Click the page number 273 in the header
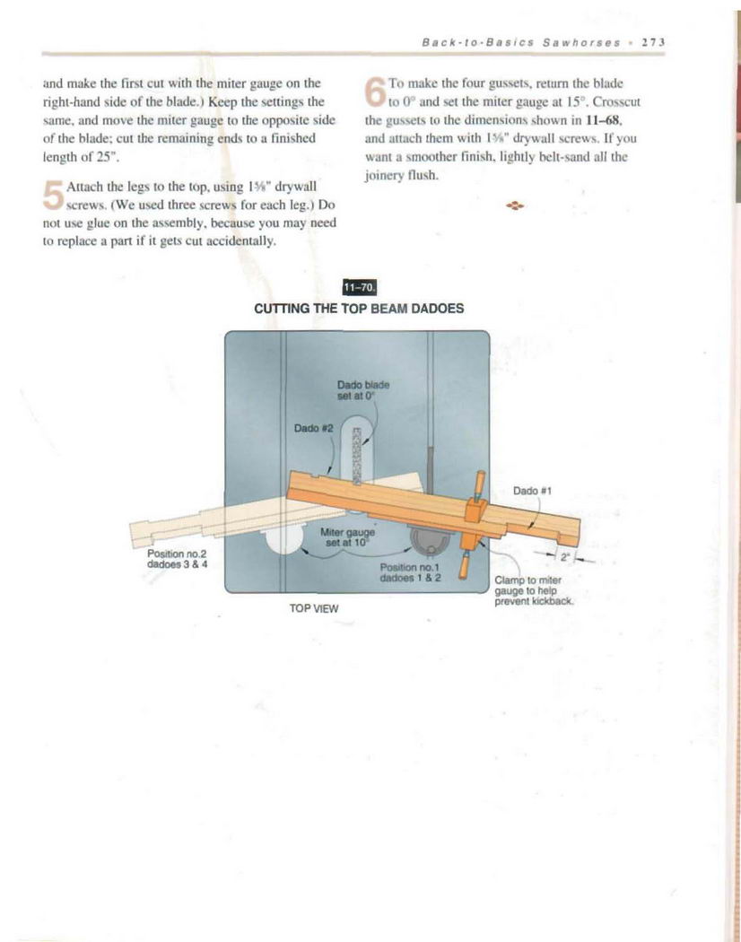[x=649, y=42]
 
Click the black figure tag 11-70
[x=359, y=287]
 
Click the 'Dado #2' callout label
[x=314, y=428]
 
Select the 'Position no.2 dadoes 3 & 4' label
[x=177, y=558]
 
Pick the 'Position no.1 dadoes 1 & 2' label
[x=411, y=572]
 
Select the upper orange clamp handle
[x=479, y=484]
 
